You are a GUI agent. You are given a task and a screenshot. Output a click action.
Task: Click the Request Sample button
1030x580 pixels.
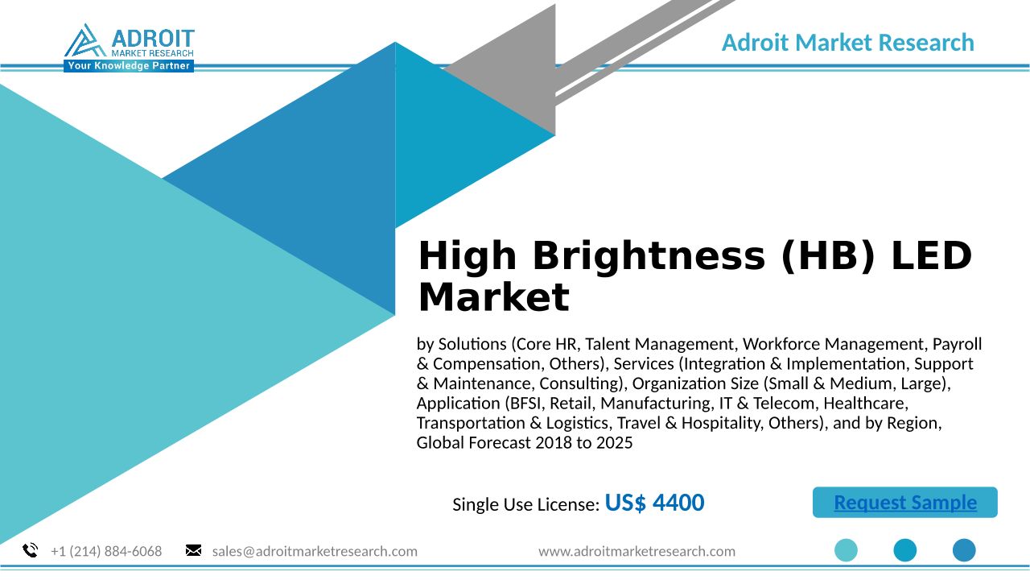point(905,502)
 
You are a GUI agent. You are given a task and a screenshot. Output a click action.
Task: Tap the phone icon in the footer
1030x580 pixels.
point(31,550)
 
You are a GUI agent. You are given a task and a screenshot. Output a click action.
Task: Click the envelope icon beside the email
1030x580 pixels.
point(193,550)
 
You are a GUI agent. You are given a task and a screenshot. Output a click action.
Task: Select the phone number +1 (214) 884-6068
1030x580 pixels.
point(106,551)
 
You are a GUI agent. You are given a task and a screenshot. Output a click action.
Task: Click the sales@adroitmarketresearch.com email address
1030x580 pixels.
point(315,551)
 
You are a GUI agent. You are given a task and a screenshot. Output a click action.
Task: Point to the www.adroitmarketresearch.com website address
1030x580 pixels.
point(637,551)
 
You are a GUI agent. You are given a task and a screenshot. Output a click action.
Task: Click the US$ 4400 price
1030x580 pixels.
point(654,502)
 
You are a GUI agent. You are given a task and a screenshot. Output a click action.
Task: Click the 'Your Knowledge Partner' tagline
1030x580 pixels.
point(129,66)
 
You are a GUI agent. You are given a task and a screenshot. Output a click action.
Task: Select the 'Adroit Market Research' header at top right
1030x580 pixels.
point(848,43)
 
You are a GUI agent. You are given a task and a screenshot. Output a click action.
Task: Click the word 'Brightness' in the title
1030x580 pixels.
point(649,256)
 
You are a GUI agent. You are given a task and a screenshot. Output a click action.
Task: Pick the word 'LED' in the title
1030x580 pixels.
point(932,255)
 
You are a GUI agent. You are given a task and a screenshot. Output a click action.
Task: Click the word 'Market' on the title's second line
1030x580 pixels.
point(494,297)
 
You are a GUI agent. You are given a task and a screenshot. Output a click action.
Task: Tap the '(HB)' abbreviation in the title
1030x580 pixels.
point(828,256)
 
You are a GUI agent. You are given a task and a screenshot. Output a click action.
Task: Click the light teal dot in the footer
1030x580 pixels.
point(846,550)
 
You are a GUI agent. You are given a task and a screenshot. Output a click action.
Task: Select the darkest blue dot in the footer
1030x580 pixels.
point(964,550)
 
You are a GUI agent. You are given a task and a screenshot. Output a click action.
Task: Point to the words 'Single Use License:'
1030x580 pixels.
point(526,504)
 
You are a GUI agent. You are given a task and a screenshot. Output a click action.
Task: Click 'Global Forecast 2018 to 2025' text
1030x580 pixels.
point(525,443)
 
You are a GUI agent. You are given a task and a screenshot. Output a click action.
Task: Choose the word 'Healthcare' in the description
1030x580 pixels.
point(866,404)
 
